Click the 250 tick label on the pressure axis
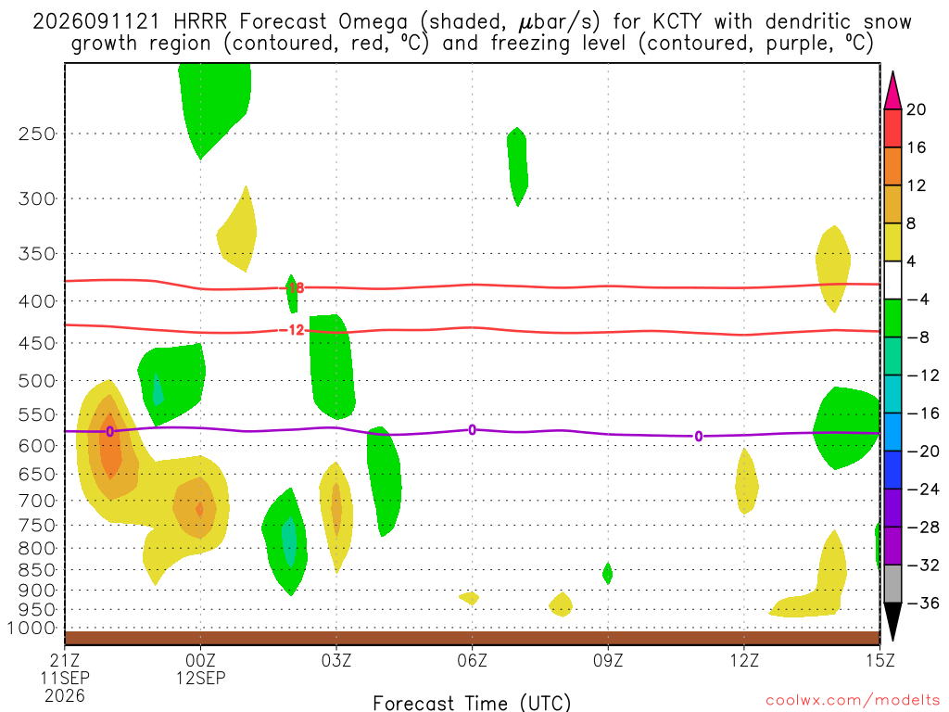(x=37, y=133)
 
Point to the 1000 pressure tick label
(x=32, y=629)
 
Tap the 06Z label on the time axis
(x=472, y=660)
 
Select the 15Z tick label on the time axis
(x=879, y=660)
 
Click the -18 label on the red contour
(x=295, y=287)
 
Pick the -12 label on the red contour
(x=294, y=330)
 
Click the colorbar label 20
(x=917, y=109)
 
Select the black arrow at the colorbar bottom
(x=892, y=619)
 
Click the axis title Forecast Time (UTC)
(x=472, y=703)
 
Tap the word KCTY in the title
(x=677, y=22)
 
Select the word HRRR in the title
(x=200, y=22)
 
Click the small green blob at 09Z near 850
(x=608, y=573)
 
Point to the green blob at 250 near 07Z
(x=517, y=166)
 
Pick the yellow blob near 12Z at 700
(x=746, y=481)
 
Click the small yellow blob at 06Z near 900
(x=470, y=598)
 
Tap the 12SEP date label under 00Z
(x=200, y=678)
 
